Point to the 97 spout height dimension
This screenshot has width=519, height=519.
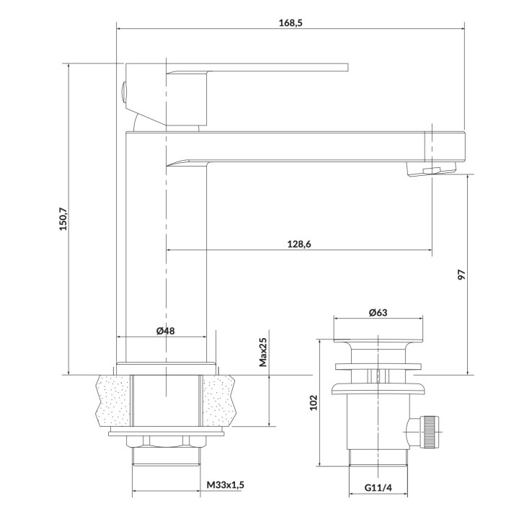click(x=462, y=275)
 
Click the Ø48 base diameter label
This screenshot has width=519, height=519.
click(x=165, y=331)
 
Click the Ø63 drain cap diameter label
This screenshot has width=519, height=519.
click(x=378, y=312)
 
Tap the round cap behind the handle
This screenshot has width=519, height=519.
click(x=123, y=92)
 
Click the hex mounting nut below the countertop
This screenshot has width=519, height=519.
click(x=166, y=443)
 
